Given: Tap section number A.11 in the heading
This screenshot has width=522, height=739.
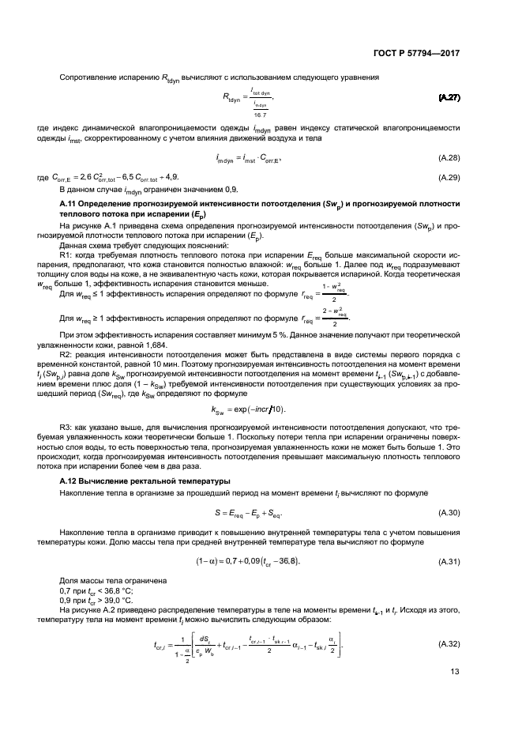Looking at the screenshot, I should (x=69, y=204).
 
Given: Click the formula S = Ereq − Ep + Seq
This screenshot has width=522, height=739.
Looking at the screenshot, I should (x=248, y=512).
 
